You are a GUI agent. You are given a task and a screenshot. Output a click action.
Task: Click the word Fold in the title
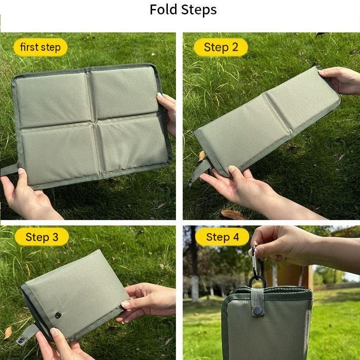pyautogui.click(x=163, y=9)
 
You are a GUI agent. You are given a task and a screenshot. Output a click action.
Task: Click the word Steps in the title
pyautogui.click(x=199, y=10)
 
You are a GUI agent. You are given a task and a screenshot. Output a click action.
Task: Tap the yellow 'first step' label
pyautogui.click(x=40, y=47)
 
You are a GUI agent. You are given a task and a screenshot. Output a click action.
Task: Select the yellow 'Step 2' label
pyautogui.click(x=221, y=47)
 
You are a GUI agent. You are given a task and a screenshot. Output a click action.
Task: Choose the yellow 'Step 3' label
pyautogui.click(x=42, y=237)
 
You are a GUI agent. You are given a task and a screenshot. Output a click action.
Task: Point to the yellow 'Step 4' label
pyautogui.click(x=222, y=237)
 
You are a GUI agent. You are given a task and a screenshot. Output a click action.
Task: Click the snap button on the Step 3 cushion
pyautogui.click(x=58, y=315)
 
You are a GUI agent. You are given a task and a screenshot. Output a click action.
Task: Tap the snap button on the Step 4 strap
pyautogui.click(x=257, y=311)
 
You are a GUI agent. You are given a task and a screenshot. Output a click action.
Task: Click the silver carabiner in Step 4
pyautogui.click(x=255, y=262)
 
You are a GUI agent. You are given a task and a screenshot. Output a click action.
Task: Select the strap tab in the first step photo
pyautogui.click(x=9, y=170)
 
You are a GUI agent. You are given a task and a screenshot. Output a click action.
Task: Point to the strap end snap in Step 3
pyautogui.click(x=21, y=340)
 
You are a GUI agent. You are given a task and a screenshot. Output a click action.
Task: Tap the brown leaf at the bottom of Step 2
pyautogui.click(x=233, y=215)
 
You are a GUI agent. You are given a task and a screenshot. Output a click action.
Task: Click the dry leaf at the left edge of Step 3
pyautogui.click(x=8, y=333)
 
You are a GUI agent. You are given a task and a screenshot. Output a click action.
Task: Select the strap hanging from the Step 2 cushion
pyautogui.click(x=200, y=171)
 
